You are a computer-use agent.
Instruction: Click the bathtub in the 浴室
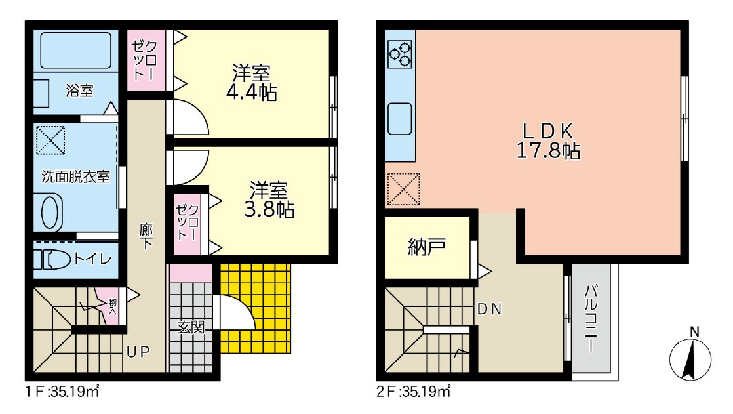76,50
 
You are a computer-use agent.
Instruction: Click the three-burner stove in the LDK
400,54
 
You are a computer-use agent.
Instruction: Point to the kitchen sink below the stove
400,119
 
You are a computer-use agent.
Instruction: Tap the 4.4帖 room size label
251,92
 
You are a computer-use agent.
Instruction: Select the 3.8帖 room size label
269,209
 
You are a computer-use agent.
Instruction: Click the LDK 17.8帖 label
548,141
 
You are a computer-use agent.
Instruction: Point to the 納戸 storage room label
427,247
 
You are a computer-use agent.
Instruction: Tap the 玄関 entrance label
191,327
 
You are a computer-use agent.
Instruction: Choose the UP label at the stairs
138,352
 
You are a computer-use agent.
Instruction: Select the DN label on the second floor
490,309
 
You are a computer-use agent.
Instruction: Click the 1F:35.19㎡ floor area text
63,391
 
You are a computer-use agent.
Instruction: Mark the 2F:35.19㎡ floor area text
414,391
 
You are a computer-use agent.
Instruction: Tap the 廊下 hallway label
146,236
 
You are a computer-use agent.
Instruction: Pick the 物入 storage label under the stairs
112,306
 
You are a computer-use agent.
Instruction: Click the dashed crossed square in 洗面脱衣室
50,140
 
